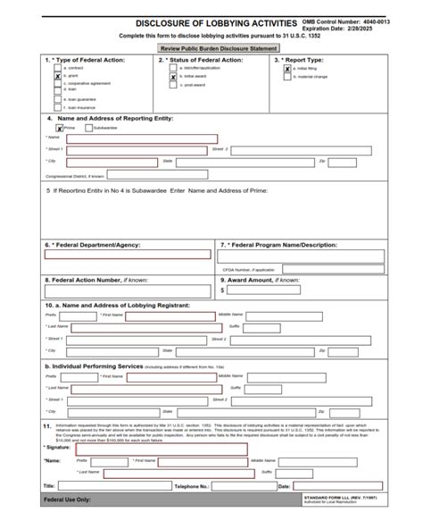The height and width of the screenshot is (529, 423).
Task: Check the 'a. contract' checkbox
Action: [x=58, y=68]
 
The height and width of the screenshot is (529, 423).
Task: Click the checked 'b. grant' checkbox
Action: [x=58, y=77]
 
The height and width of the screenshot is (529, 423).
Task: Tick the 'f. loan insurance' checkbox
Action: [x=58, y=107]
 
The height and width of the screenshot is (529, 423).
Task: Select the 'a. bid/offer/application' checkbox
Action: [x=173, y=68]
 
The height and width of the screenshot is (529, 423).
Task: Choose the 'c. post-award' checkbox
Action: [x=173, y=86]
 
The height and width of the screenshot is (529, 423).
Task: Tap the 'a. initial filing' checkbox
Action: [x=287, y=68]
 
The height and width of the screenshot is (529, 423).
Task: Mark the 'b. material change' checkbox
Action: [x=287, y=77]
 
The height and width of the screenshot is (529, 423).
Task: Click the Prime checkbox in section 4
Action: [x=48, y=127]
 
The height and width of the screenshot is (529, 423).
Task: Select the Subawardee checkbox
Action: [x=88, y=127]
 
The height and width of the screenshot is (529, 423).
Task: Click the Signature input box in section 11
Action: [x=162, y=449]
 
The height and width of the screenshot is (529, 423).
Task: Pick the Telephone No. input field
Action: [x=240, y=485]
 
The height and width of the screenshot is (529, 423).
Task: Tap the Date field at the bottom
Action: [x=338, y=485]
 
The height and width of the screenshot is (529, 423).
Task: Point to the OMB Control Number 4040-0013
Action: [x=358, y=20]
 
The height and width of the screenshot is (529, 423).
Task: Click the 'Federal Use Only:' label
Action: [x=67, y=500]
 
